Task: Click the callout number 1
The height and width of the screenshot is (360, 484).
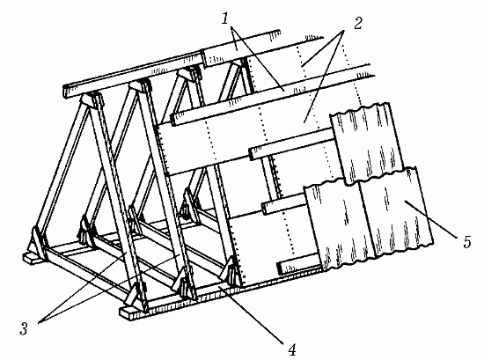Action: (225, 19)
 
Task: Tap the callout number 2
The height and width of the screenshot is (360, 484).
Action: (358, 24)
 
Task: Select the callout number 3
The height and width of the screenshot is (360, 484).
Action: (24, 328)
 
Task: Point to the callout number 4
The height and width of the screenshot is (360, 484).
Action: (292, 349)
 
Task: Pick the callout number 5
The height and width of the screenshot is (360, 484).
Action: (467, 242)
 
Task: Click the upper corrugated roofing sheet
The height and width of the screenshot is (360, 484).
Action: (367, 143)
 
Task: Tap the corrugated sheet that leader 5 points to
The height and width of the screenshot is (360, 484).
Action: (396, 211)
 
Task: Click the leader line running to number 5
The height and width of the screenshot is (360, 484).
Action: (430, 219)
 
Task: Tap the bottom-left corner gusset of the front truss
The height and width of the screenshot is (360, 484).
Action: (37, 245)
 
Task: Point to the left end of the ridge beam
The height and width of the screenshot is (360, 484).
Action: (66, 92)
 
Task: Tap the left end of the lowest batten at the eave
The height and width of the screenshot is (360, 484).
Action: (280, 268)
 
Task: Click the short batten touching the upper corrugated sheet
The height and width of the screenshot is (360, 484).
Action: (290, 144)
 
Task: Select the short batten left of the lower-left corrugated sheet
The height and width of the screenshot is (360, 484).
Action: (284, 205)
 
